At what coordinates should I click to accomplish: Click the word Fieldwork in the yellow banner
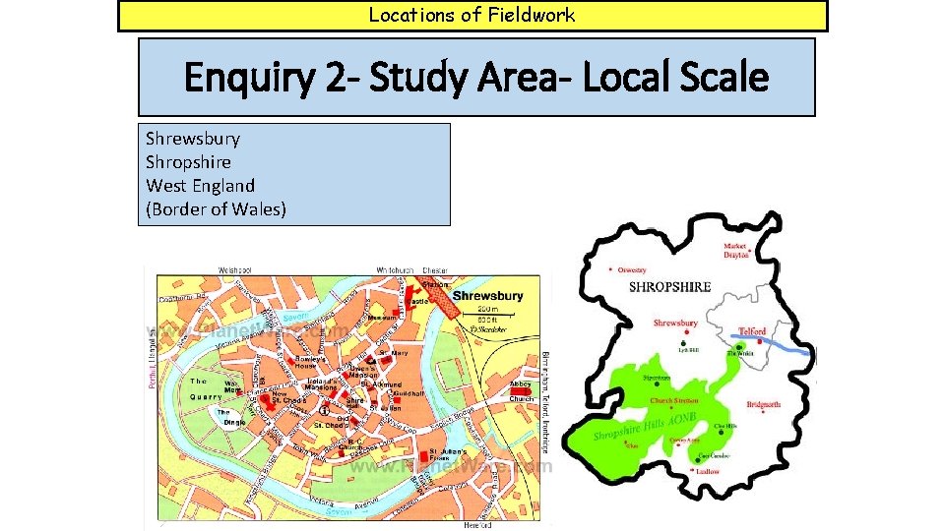532,15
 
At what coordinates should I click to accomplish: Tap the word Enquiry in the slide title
245,77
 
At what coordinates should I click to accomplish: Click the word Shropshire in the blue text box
188,161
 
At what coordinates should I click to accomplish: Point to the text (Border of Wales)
217,208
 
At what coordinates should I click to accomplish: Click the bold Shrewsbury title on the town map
487,296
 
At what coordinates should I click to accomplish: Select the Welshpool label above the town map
236,269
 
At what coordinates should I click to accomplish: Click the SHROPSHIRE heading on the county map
669,287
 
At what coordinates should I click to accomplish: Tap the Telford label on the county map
752,332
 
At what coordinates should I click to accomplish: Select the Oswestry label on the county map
632,269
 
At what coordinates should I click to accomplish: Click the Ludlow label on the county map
707,472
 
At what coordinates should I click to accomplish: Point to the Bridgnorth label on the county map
764,404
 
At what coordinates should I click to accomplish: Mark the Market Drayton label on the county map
735,251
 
